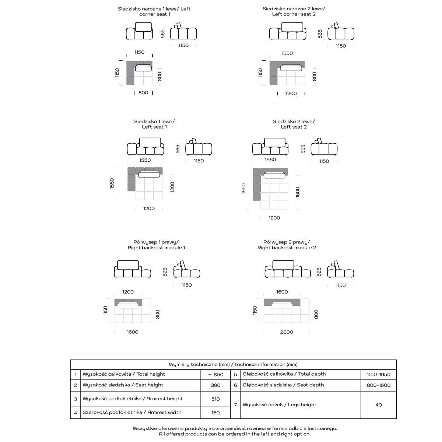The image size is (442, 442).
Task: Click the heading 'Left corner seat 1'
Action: click(154, 11)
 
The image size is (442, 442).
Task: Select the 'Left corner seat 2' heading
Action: click(294, 11)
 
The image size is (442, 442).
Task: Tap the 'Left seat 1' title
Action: click(154, 124)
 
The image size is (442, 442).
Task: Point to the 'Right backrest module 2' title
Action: click(287, 245)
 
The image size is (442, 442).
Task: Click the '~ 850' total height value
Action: click(215, 375)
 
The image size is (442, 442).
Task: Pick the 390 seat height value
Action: click(215, 385)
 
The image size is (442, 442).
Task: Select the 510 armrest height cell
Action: click(215, 399)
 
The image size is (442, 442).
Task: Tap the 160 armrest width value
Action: click(215, 413)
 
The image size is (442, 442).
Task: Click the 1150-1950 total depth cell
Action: click(378, 375)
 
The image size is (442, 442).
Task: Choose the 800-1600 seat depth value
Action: click(378, 385)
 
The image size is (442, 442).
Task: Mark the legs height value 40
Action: click(378, 405)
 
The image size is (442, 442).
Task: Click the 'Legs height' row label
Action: click(279, 405)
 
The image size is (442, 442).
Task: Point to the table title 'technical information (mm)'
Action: click(233, 365)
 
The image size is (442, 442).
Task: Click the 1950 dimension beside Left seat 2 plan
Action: click(243, 189)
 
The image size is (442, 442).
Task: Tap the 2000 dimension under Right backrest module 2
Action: click(287, 332)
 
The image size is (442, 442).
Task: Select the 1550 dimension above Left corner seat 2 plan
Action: click(287, 53)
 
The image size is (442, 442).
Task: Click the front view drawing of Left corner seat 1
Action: click(139, 31)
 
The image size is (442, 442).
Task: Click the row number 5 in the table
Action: click(235, 375)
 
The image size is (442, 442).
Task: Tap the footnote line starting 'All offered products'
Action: click(235, 434)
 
